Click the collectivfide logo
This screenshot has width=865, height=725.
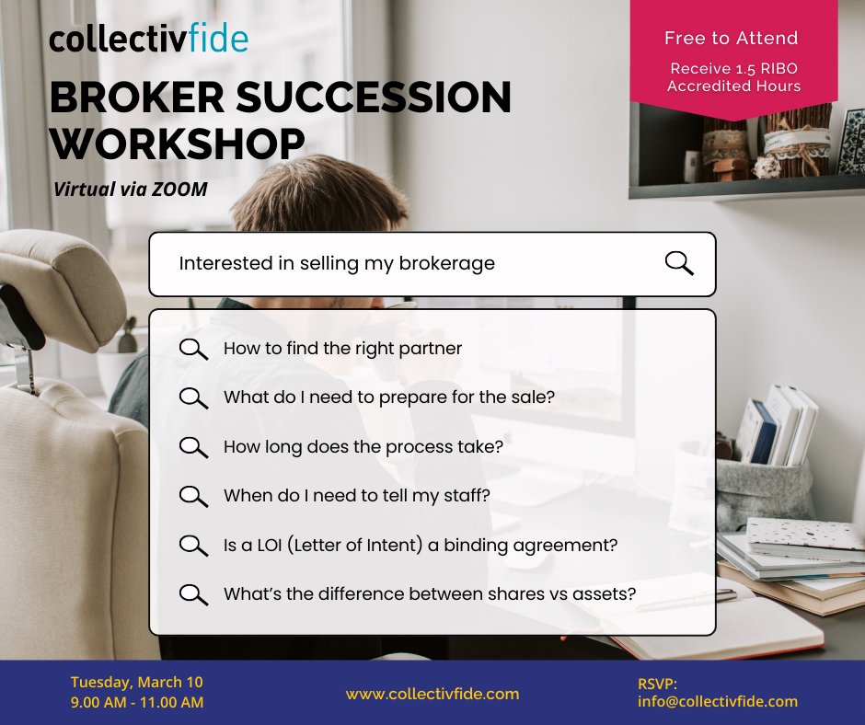(x=148, y=40)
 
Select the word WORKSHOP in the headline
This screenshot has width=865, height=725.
(x=177, y=144)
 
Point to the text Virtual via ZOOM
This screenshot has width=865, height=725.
(x=130, y=190)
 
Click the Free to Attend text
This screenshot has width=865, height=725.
(x=731, y=39)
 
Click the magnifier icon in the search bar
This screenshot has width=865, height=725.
(x=678, y=263)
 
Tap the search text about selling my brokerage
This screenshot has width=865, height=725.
(x=336, y=263)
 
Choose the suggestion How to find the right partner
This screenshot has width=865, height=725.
(x=342, y=349)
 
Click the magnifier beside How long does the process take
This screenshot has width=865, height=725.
(x=193, y=447)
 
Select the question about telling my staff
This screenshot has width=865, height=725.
(x=356, y=496)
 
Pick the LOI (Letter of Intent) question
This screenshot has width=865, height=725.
(x=420, y=545)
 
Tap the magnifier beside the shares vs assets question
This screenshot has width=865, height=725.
(x=193, y=594)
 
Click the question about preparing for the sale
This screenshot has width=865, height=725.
(x=388, y=398)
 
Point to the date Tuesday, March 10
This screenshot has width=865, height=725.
(x=136, y=683)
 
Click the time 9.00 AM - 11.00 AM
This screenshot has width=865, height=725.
(x=136, y=703)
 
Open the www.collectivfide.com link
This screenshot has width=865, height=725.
(x=432, y=694)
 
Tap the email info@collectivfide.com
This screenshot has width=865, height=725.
(x=717, y=702)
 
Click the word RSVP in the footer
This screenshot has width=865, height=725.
(x=657, y=684)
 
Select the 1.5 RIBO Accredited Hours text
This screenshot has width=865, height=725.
(x=733, y=77)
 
